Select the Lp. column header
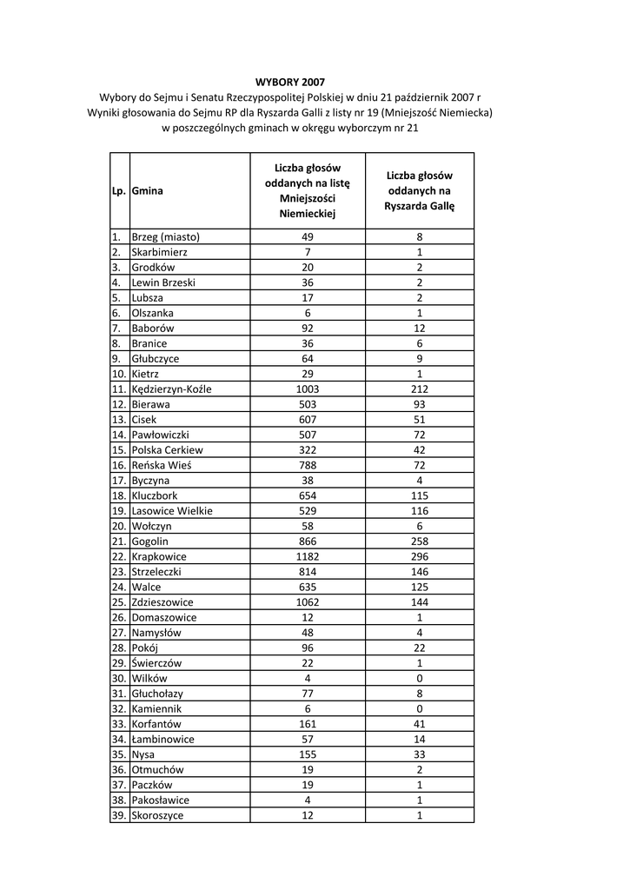[x=118, y=190]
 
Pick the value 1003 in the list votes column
[x=308, y=389]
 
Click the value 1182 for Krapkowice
[x=308, y=556]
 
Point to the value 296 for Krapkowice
[x=420, y=556]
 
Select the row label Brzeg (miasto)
[x=165, y=236]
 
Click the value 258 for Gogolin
[x=420, y=541]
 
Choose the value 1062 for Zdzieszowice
[x=308, y=601]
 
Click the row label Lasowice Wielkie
[x=171, y=510]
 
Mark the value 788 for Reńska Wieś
[x=308, y=465]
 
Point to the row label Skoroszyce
[x=157, y=815]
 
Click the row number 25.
[x=118, y=601]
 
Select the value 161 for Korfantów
[x=308, y=723]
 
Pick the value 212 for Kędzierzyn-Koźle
[x=420, y=389]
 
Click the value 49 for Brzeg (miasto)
[x=308, y=236]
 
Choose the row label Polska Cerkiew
[x=167, y=450]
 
